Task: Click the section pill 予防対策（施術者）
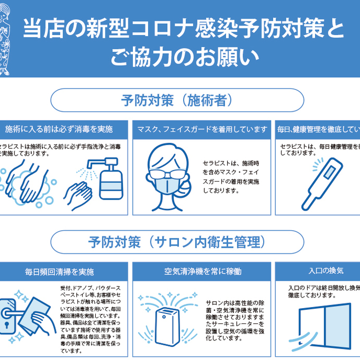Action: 177,100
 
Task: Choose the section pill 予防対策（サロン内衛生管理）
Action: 177,242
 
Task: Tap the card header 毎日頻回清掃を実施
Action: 59,272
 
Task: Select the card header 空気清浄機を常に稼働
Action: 202,272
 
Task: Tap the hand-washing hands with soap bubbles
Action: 26,183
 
